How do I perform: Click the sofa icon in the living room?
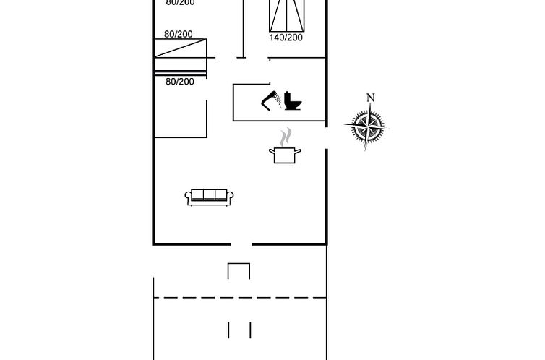coord(209,197)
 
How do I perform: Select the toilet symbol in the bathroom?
coord(293,100)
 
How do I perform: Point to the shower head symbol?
coord(269,100)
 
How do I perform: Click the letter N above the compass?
coord(371,98)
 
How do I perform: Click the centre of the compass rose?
coord(368,127)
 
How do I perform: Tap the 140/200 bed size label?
coord(286,38)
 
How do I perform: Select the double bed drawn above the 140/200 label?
coord(287,16)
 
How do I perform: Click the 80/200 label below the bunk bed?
coord(180,82)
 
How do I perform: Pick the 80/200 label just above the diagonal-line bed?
coord(179,34)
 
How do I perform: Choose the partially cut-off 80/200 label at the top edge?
coord(180,3)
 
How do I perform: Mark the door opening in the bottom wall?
coord(241,244)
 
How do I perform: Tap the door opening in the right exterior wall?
coord(327,138)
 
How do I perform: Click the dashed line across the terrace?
coord(240,298)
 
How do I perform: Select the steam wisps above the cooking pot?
coord(286,137)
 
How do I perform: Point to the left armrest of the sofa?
coord(188,197)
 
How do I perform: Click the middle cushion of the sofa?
coord(209,194)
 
